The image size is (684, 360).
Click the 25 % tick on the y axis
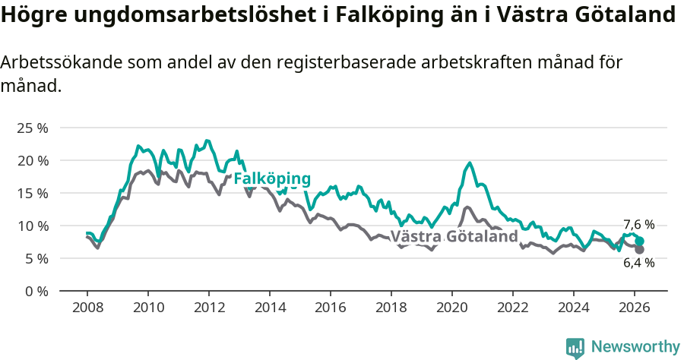32,128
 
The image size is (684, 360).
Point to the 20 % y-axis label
32,160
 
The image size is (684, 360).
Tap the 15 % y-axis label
32,193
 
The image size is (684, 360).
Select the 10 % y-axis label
32,226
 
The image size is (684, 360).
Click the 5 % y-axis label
36,258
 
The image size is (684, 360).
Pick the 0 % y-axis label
36,291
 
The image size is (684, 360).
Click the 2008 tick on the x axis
87,308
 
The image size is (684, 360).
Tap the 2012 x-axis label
209,308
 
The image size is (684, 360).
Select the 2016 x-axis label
331,308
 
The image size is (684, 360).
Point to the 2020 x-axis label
452,308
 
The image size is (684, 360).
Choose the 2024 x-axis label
574,308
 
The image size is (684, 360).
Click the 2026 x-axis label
635,308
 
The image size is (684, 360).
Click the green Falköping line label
272,178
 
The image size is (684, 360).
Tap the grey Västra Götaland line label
454,236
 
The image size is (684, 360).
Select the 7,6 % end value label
638,225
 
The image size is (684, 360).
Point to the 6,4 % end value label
638,263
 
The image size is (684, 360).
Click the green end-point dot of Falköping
640,241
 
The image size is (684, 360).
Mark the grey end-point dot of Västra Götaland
640,249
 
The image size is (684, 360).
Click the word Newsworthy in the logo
635,347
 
